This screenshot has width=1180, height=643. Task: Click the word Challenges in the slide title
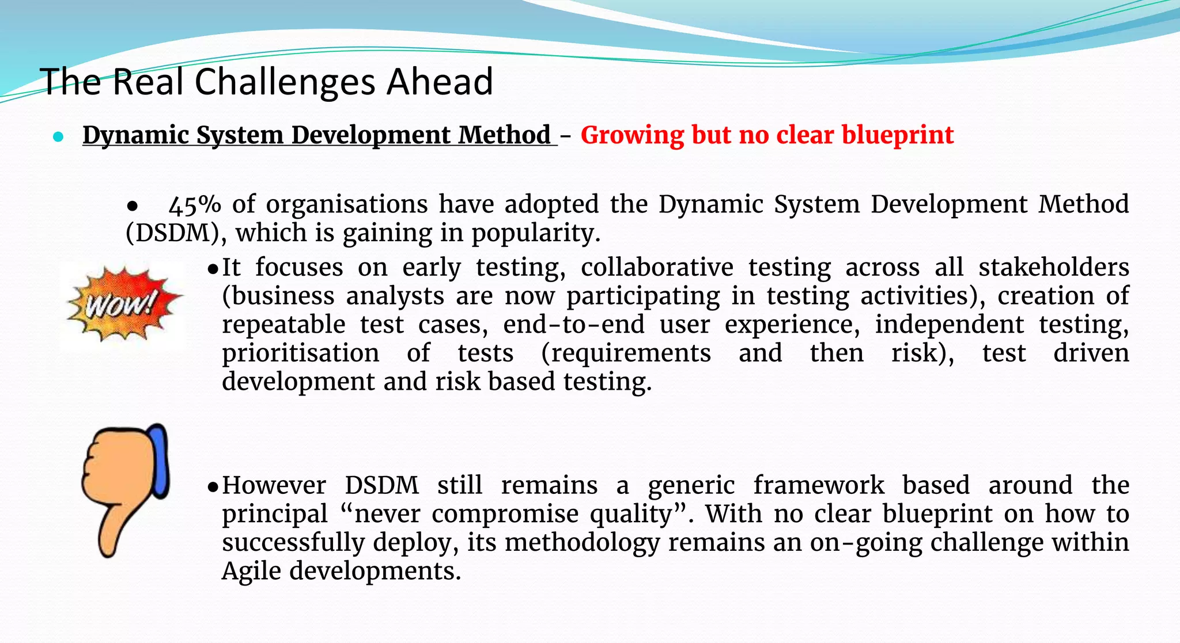tap(286, 82)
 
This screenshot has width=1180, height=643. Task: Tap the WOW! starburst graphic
tap(122, 303)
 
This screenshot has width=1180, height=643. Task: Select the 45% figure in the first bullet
tap(195, 205)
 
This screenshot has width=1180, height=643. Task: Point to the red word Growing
tap(631, 135)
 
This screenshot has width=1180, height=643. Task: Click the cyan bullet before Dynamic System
tap(58, 137)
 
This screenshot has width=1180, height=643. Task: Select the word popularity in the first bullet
tap(536, 233)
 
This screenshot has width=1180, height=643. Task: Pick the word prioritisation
tap(300, 353)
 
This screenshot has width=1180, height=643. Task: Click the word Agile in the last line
tap(251, 571)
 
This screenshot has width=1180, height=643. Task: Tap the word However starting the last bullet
tap(274, 485)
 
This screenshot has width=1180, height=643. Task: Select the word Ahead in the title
tap(440, 82)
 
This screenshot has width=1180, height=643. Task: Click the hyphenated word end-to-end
tap(574, 325)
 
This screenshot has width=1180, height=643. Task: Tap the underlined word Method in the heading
tap(505, 135)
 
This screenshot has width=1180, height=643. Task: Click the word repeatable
tap(283, 325)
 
